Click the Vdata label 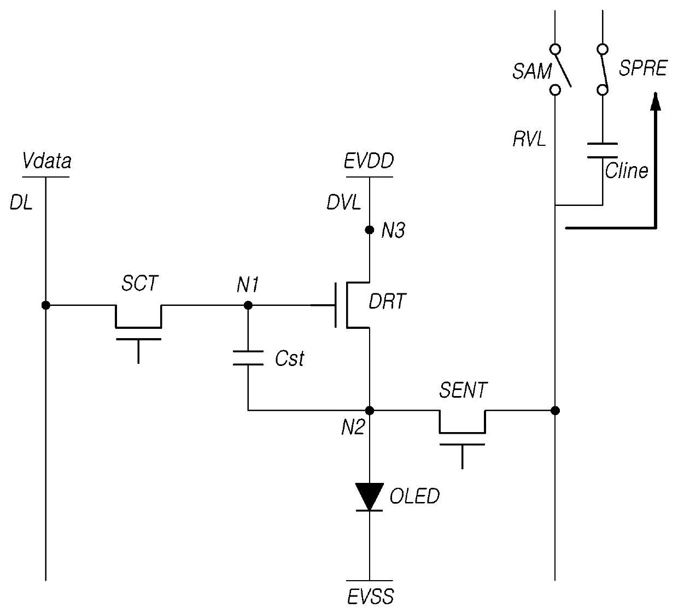(46, 161)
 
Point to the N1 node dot (248, 305)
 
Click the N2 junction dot (370, 411)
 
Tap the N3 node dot (370, 230)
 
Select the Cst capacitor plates (248, 358)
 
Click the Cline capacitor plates (603, 151)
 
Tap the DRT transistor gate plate (336, 305)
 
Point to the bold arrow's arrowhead (655, 101)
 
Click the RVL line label (529, 139)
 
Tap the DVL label (344, 203)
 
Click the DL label (21, 203)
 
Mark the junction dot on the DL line (45, 305)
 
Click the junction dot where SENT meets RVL (555, 411)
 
